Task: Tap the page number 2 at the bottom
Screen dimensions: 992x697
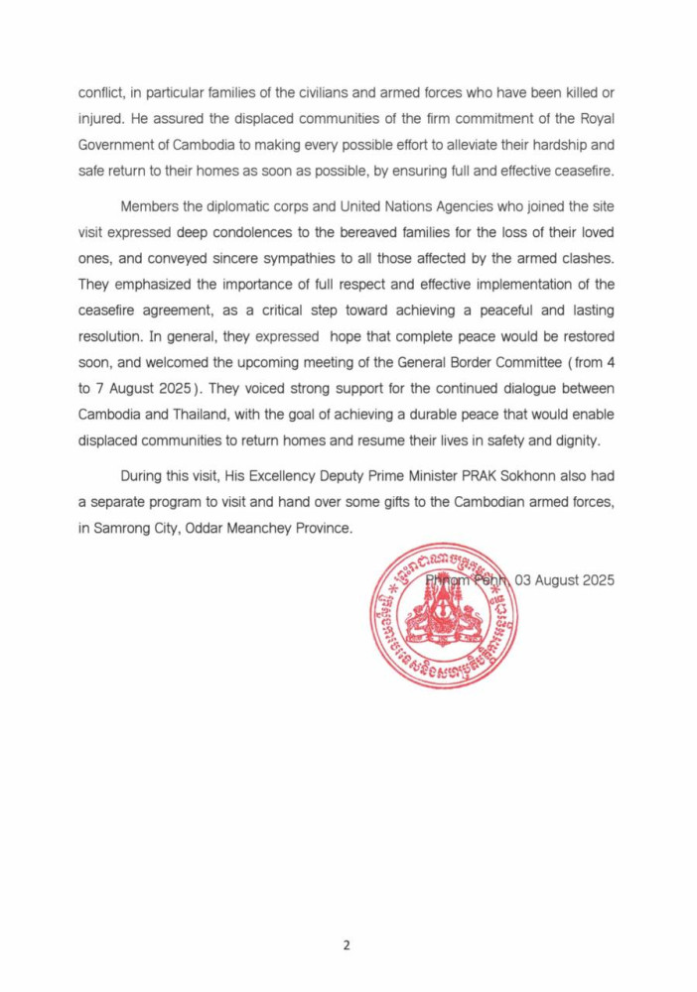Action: coord(347,945)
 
